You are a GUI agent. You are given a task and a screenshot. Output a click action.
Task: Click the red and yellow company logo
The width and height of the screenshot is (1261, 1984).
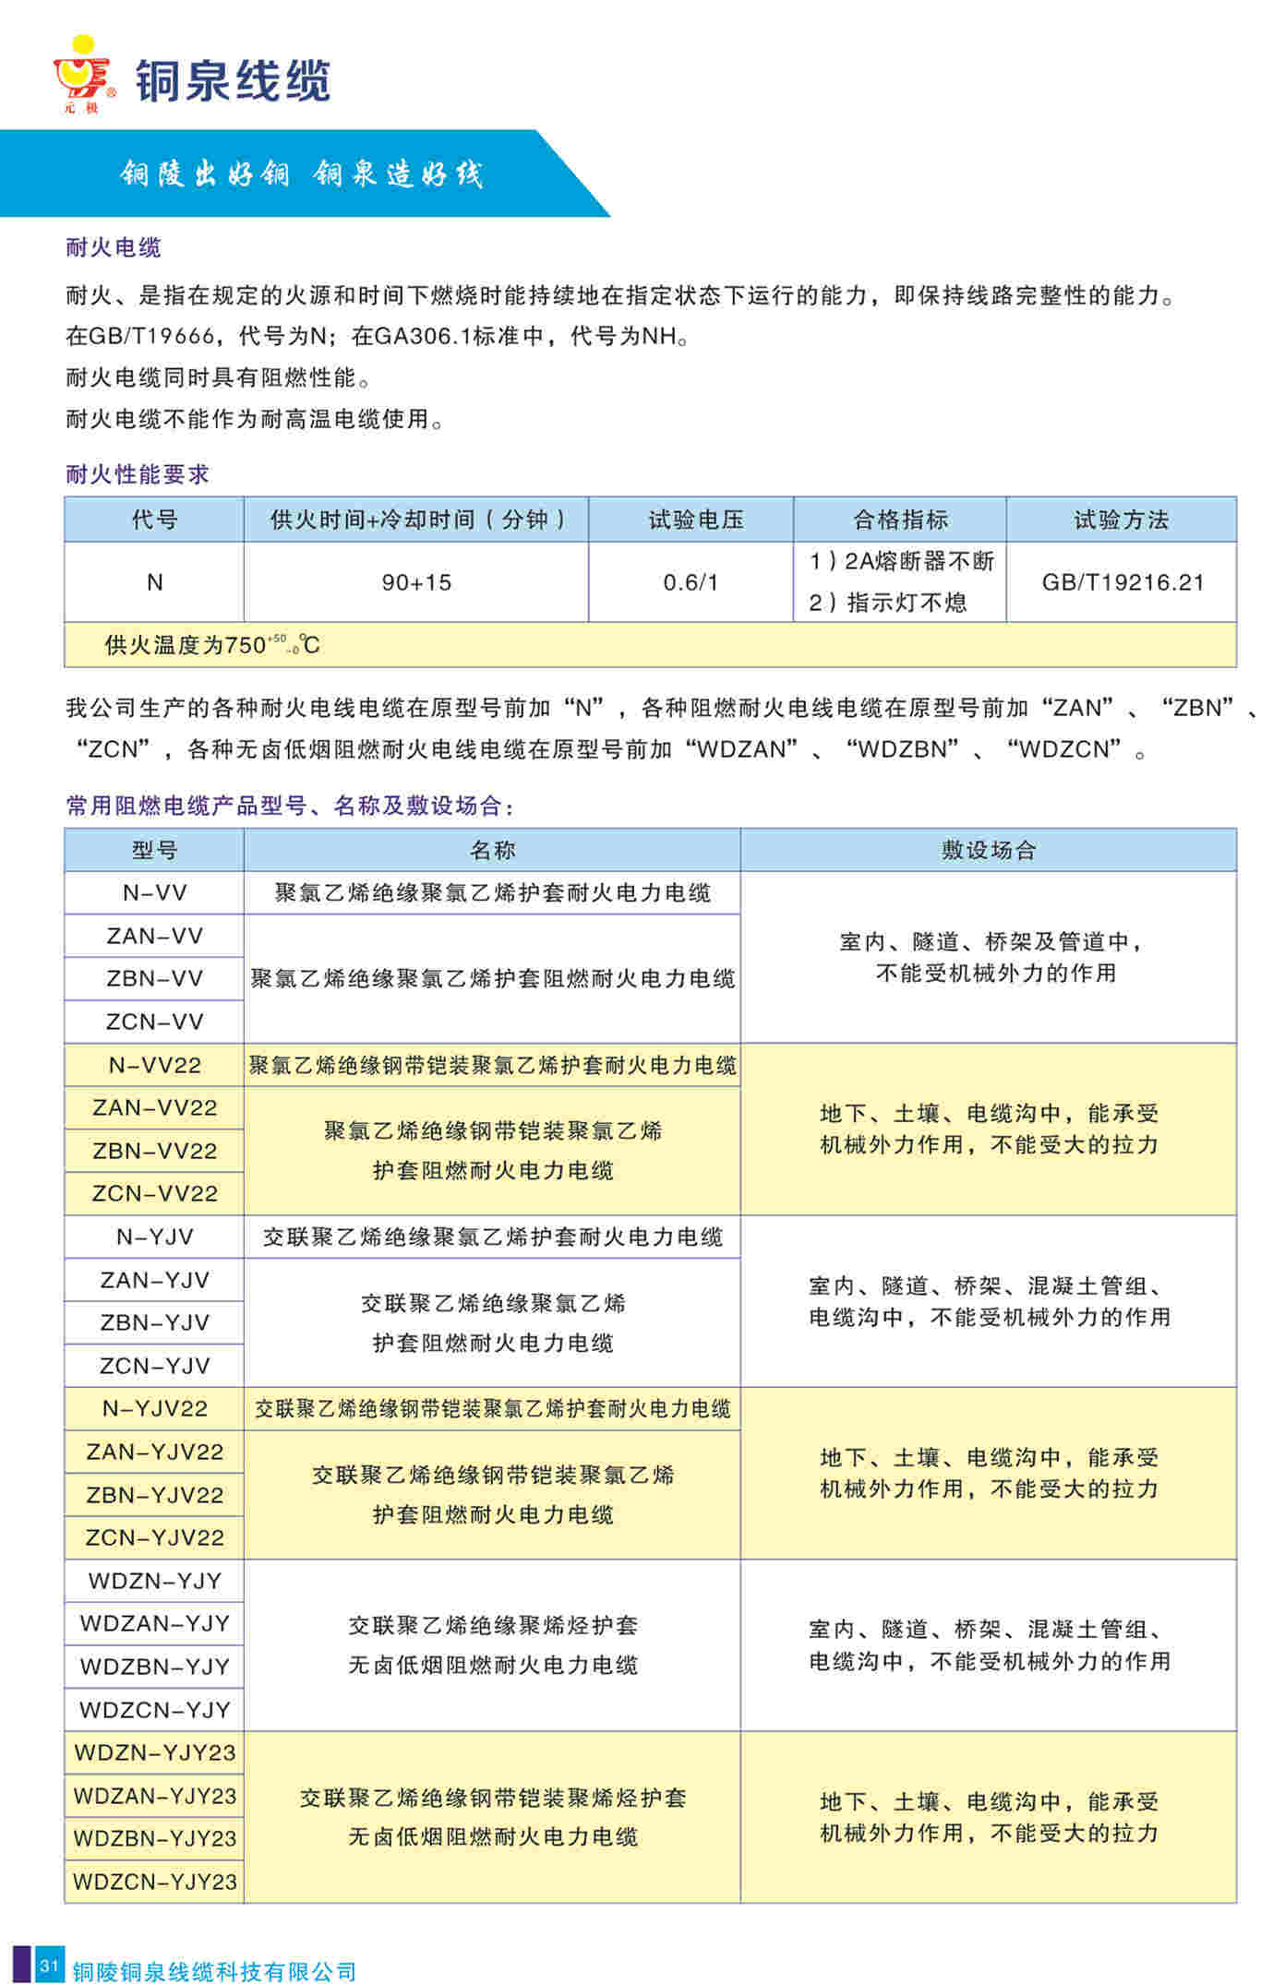(83, 74)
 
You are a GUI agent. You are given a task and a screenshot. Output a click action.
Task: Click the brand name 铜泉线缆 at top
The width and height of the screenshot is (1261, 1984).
(233, 81)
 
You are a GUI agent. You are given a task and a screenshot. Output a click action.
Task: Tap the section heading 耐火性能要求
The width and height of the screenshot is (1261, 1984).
(138, 474)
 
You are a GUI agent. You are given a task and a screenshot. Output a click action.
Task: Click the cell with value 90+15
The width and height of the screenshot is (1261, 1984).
(416, 582)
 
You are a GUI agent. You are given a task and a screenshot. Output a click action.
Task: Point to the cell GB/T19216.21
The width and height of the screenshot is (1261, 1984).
(1123, 582)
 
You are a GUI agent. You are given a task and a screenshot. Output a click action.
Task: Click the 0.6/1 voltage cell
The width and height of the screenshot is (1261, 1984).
(691, 582)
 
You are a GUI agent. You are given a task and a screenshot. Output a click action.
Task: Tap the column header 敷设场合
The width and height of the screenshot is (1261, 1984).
(989, 850)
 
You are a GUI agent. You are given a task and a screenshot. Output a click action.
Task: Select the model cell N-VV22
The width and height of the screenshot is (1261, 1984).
(154, 1065)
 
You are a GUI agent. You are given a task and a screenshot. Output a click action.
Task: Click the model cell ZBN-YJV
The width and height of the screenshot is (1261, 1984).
(154, 1322)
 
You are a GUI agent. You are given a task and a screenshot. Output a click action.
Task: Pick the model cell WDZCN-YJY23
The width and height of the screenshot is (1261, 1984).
(154, 1882)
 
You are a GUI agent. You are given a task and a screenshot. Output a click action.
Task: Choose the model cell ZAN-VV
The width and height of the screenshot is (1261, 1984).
(154, 936)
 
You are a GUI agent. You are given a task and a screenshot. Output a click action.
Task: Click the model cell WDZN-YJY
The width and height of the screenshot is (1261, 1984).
(154, 1581)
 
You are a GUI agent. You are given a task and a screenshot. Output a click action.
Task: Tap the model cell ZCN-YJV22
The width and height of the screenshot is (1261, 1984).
(154, 1537)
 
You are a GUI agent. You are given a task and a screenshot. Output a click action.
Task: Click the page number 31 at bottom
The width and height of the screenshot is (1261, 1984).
(49, 1965)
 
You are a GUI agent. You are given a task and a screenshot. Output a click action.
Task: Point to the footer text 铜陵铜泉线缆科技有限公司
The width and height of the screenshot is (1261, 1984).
(214, 1972)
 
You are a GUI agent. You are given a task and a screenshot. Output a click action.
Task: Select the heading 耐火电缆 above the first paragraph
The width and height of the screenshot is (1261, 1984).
(114, 247)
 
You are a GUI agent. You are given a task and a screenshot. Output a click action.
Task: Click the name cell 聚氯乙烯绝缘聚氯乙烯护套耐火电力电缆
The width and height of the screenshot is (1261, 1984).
(492, 892)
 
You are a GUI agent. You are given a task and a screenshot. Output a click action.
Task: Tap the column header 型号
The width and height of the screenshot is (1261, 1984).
(154, 850)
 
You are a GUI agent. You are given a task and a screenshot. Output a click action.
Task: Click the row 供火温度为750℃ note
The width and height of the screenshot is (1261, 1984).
(212, 645)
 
